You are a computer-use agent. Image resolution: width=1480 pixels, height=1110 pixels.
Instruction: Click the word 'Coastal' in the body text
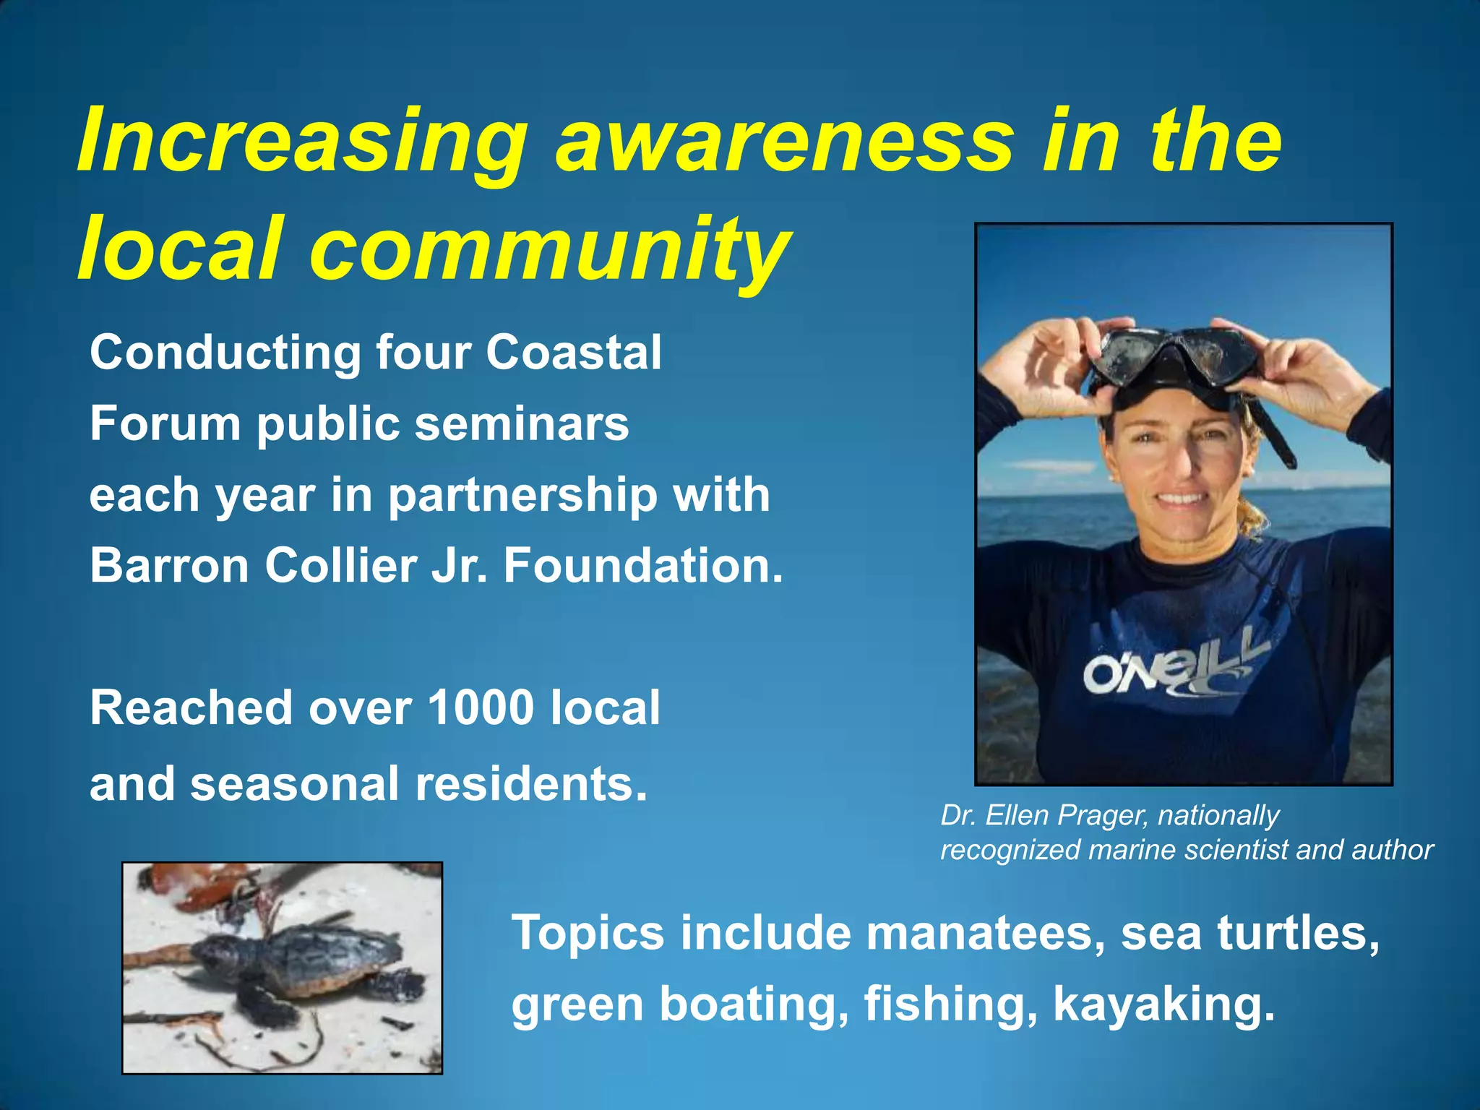[573, 353]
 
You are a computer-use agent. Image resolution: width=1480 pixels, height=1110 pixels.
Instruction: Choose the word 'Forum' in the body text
[165, 423]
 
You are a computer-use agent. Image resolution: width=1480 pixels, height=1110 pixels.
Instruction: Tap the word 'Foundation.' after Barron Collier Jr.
[643, 565]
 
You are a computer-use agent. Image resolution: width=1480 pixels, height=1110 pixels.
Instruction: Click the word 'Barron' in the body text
[170, 565]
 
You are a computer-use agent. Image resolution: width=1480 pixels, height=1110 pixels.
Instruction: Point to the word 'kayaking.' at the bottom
[1163, 1004]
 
